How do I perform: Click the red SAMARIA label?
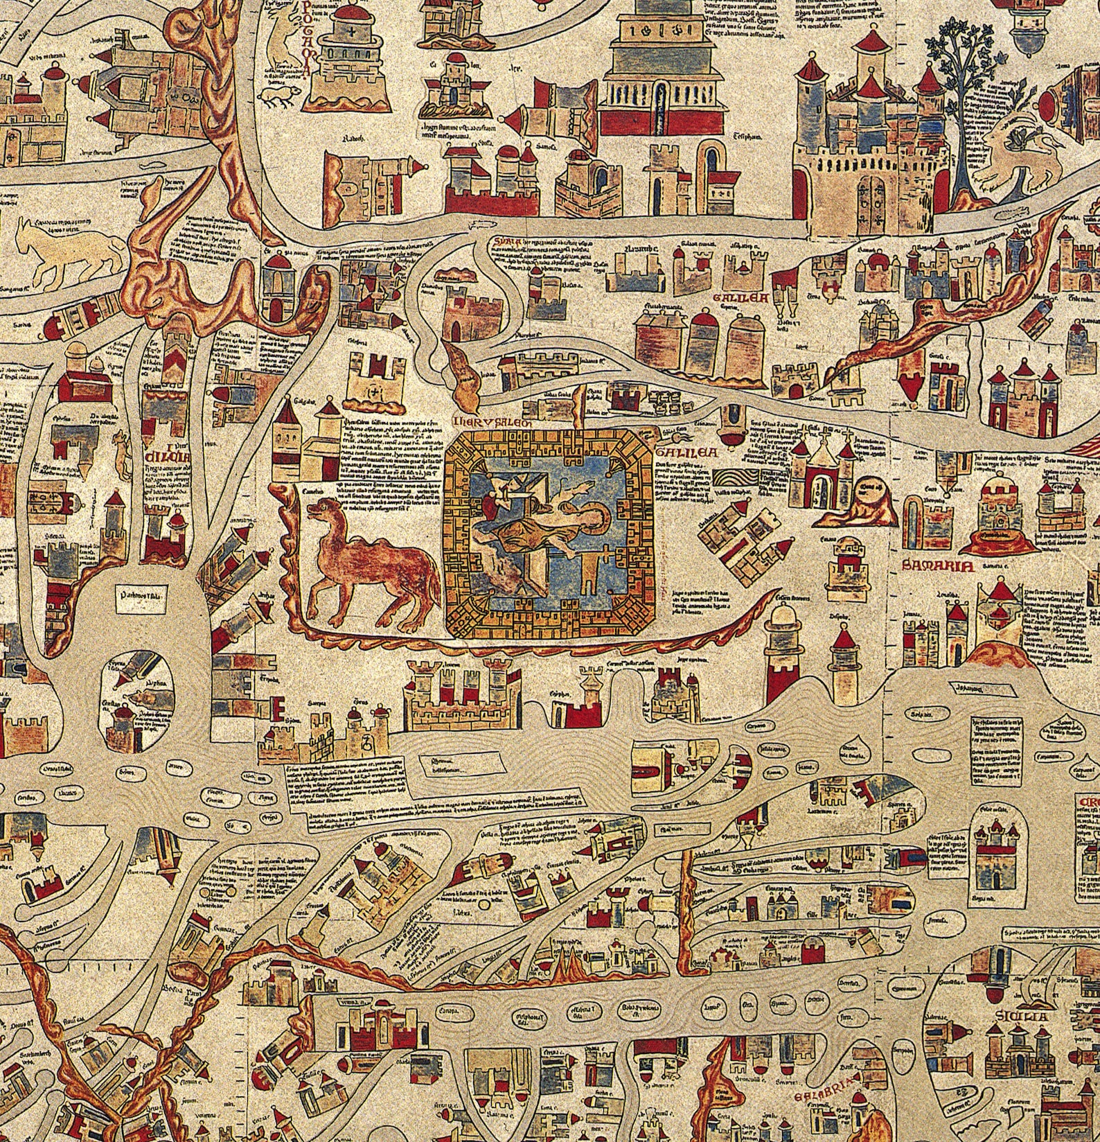click(x=939, y=565)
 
